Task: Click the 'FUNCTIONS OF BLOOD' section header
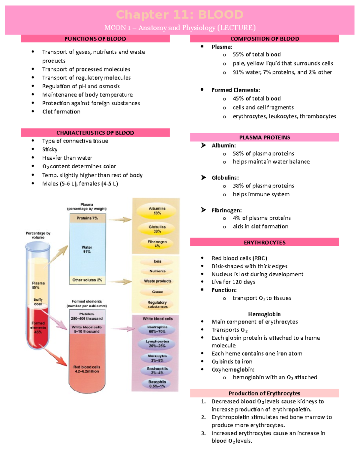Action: coord(95,39)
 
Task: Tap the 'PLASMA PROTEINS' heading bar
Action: coord(264,137)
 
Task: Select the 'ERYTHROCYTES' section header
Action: coord(264,242)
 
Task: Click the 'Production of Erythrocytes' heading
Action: coord(264,393)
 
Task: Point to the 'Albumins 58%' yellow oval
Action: coord(157,211)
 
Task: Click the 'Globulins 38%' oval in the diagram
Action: coord(157,229)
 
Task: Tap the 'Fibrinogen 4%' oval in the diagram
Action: coord(157,244)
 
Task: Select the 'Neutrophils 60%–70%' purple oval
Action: coord(157,329)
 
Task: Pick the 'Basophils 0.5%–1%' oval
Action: coord(157,384)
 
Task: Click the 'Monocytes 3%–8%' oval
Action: coord(157,358)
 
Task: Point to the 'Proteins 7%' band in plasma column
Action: coord(87,218)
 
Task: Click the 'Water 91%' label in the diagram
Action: coord(87,249)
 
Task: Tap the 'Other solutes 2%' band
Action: coord(87,280)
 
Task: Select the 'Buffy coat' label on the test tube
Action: coord(38,302)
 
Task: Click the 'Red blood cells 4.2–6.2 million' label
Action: coord(87,369)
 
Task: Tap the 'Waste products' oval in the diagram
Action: coord(157,281)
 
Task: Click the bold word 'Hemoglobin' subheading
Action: coord(264,314)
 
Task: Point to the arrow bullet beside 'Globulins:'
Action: coord(203,178)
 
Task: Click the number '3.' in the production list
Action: coord(203,433)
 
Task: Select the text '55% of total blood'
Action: coord(256,55)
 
